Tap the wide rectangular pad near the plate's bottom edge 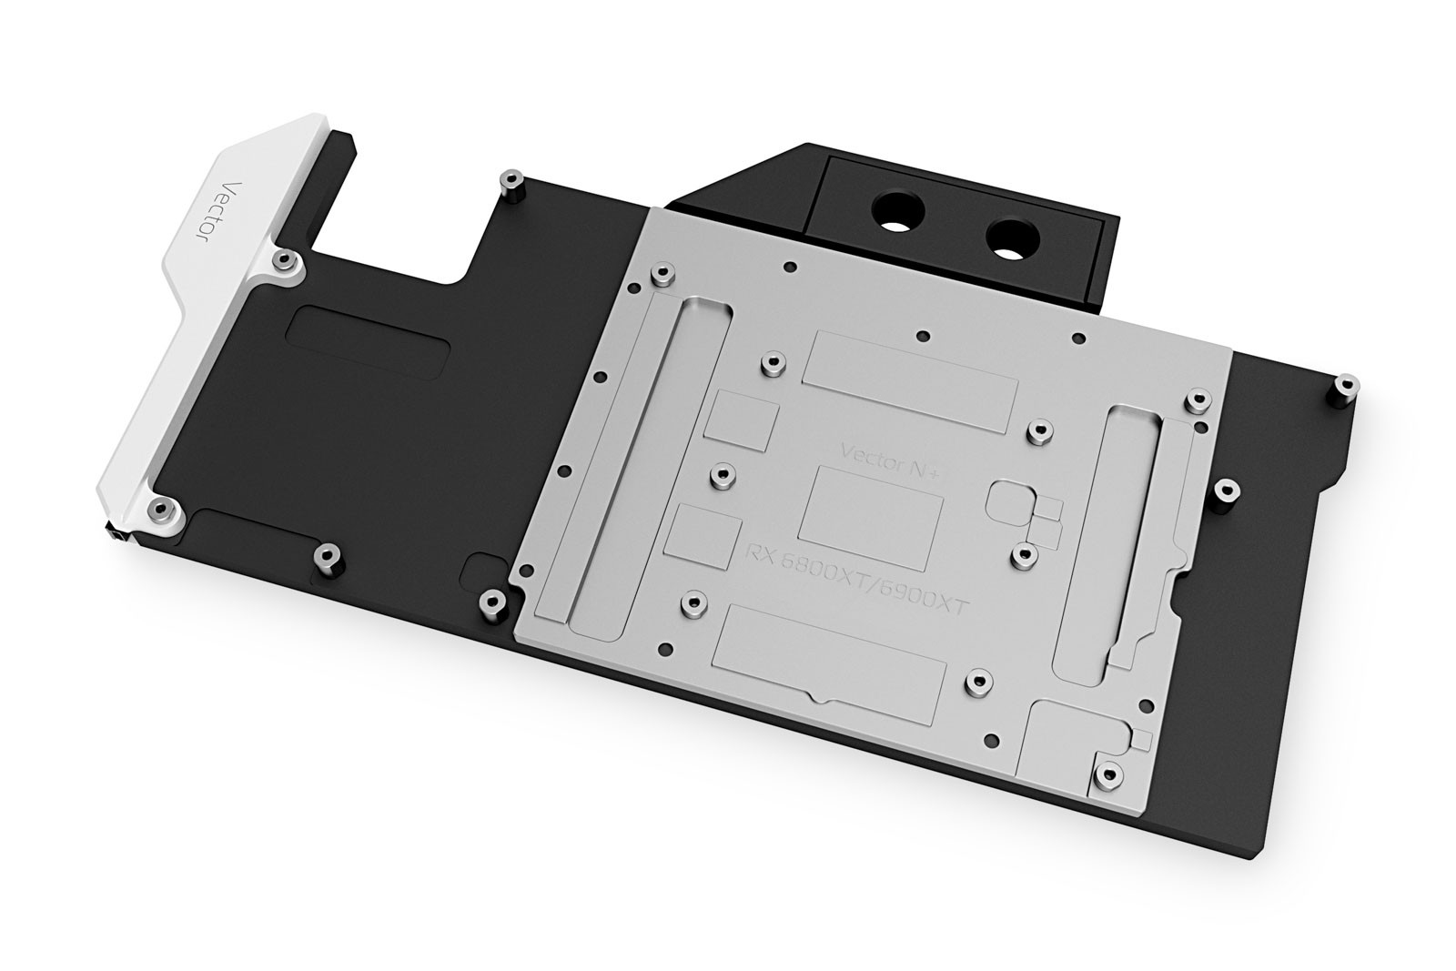tap(831, 656)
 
